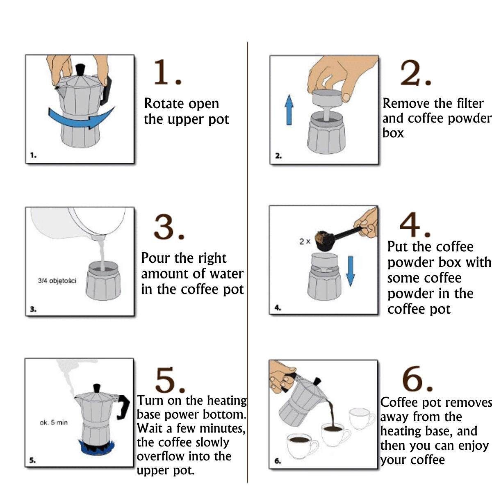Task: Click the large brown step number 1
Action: pyautogui.click(x=168, y=72)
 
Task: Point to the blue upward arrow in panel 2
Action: pyautogui.click(x=289, y=110)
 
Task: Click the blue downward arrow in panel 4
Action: pyautogui.click(x=351, y=271)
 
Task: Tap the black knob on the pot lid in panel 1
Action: pyautogui.click(x=80, y=70)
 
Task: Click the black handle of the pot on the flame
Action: pyautogui.click(x=123, y=407)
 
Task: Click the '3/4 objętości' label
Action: pyautogui.click(x=57, y=281)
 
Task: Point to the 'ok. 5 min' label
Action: pyautogui.click(x=54, y=423)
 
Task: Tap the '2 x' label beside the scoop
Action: pyautogui.click(x=305, y=241)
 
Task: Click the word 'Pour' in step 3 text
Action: pyautogui.click(x=155, y=258)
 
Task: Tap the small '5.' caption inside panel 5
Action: pyautogui.click(x=32, y=460)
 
